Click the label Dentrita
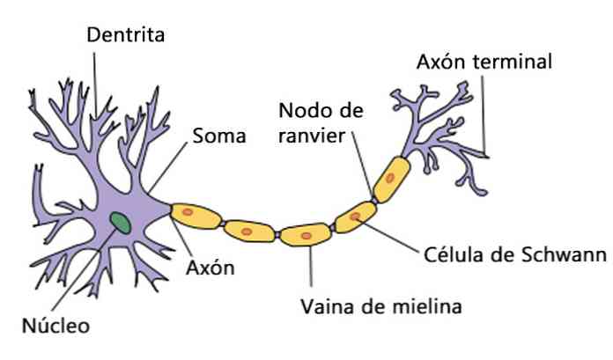127,35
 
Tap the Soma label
218,136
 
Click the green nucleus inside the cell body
121,223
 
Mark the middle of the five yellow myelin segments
304,235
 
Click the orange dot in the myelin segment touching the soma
188,212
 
